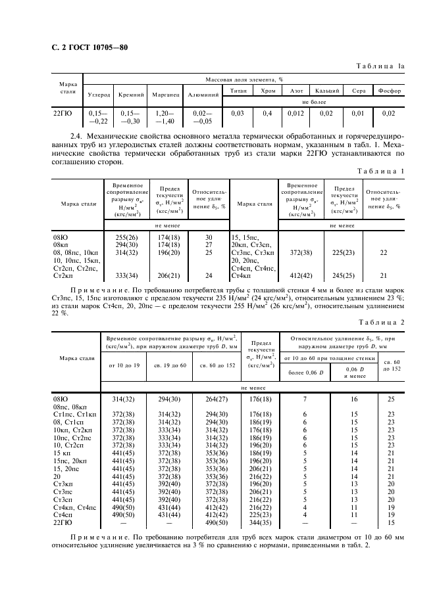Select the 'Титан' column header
(x=238, y=91)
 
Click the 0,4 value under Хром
(x=267, y=113)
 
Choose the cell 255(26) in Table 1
(x=126, y=236)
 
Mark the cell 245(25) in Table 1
(x=342, y=275)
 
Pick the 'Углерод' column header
(x=99, y=95)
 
